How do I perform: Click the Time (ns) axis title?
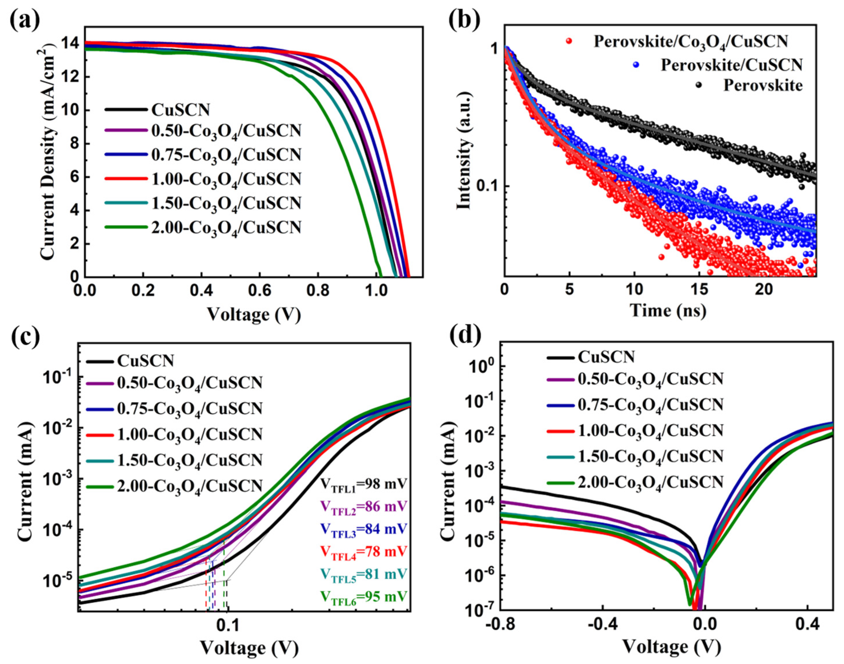click(x=667, y=311)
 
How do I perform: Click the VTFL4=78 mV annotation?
click(x=363, y=551)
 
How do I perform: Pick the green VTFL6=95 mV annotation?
click(x=363, y=596)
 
